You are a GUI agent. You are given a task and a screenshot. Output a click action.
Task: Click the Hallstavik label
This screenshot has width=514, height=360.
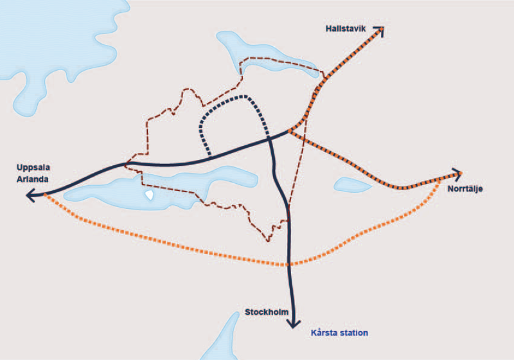pyautogui.click(x=346, y=28)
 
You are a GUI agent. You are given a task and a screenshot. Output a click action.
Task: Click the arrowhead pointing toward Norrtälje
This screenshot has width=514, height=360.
pyautogui.click(x=457, y=174)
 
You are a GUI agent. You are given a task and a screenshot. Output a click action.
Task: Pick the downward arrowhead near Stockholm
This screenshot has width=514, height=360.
pyautogui.click(x=295, y=324)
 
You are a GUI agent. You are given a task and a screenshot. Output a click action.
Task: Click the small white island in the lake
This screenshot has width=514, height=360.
pyautogui.click(x=149, y=194)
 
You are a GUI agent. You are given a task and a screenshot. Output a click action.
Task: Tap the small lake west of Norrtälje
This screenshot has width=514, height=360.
pyautogui.click(x=353, y=186)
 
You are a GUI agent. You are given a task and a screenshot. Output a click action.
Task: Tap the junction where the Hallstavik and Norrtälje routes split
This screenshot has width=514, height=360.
pyautogui.click(x=290, y=132)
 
